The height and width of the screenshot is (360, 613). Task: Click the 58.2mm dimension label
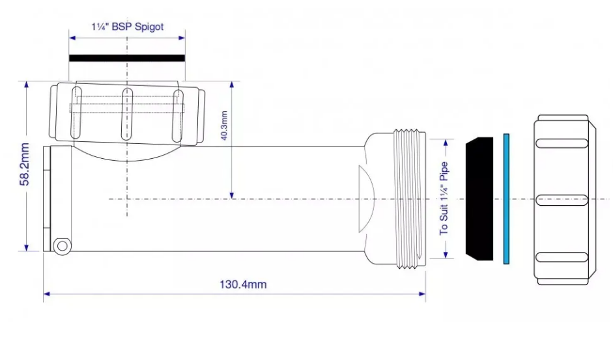pos(24,164)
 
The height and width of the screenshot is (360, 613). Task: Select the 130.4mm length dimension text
pos(243,284)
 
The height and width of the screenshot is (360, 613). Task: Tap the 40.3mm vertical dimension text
pos(224,126)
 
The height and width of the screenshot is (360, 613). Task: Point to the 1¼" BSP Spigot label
pos(128,27)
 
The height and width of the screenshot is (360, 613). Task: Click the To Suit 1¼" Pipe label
pos(444,199)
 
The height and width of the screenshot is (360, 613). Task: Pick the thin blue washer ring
pos(506,199)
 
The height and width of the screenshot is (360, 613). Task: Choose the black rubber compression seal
pos(479,199)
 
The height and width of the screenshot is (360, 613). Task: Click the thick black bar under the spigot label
pos(127,58)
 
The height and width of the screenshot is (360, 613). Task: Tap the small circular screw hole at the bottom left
pos(62,246)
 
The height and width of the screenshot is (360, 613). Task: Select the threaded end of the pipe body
pos(409,199)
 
